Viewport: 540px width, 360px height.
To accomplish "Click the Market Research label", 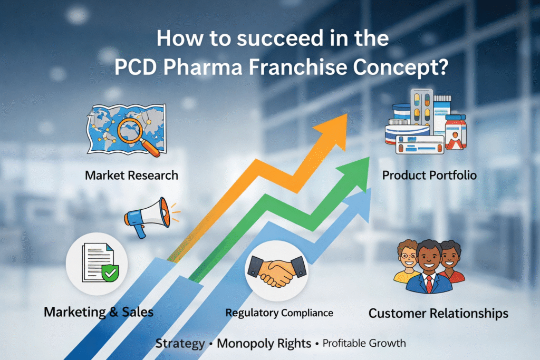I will tap(131, 175).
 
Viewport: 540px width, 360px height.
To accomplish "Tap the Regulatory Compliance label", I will tap(279, 313).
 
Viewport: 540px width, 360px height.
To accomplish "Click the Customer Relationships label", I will tap(438, 313).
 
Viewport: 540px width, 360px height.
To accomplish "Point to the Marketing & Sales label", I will tap(99, 312).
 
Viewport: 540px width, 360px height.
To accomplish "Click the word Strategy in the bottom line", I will tap(180, 344).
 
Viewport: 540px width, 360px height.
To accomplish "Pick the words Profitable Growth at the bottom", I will tap(364, 344).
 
